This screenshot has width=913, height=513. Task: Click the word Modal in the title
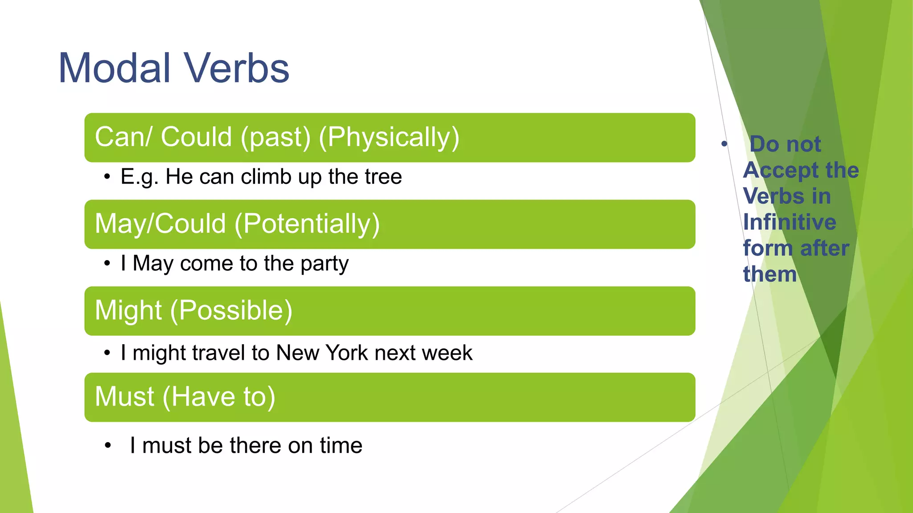click(x=115, y=68)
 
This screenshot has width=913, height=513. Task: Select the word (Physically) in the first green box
click(x=389, y=137)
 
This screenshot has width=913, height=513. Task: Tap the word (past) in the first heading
click(x=275, y=137)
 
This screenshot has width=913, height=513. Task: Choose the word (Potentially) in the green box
click(x=307, y=224)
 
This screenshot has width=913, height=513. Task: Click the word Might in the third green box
click(x=128, y=310)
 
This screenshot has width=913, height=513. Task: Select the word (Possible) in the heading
click(x=231, y=310)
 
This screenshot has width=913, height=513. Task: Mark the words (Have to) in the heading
click(x=219, y=397)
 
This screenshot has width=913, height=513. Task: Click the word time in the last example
click(x=341, y=445)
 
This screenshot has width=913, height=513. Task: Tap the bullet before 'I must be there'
click(x=107, y=445)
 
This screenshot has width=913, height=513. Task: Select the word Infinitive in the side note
click(x=789, y=222)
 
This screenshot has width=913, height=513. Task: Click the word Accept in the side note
click(x=775, y=171)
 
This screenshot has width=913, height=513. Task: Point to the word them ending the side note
click(x=769, y=274)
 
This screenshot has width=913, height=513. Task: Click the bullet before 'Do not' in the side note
click(x=724, y=144)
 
